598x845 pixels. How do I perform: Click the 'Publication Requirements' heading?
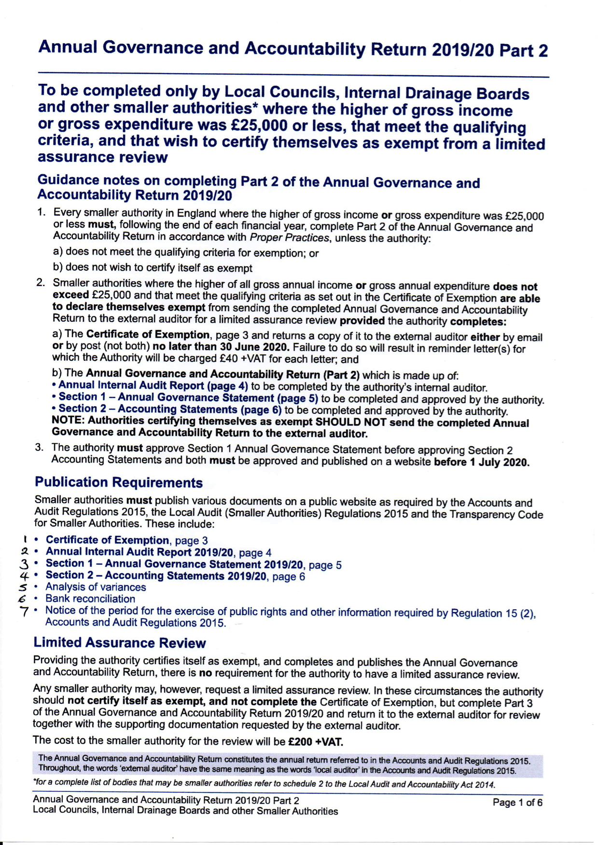118,482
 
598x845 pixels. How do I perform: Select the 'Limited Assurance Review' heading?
119,642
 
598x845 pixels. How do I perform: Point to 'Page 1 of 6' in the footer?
517,803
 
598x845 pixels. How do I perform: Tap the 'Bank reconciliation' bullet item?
90,599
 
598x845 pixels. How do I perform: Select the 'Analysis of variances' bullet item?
96,587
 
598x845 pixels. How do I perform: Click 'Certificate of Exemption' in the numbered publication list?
107,540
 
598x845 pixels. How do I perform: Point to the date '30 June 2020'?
256,347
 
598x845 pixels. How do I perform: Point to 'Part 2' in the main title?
523,50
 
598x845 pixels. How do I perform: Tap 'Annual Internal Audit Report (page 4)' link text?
153,386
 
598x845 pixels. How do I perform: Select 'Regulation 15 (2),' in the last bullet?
493,613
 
